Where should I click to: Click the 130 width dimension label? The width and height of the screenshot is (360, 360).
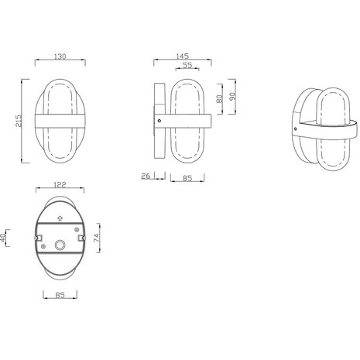55,56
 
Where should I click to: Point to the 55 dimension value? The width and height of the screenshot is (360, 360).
187,66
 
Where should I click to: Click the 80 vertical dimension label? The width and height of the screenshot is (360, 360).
220,98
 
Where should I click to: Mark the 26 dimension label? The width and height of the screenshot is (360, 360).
146,176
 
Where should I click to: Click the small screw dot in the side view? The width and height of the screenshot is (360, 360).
159,120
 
